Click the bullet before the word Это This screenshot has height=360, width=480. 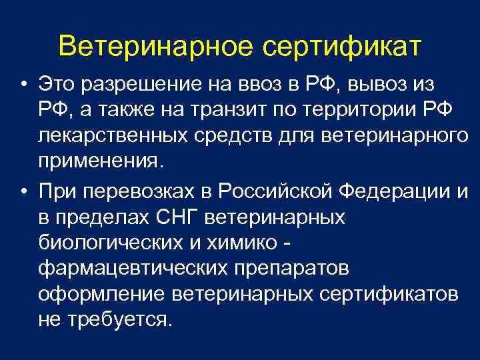coord(23,86)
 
